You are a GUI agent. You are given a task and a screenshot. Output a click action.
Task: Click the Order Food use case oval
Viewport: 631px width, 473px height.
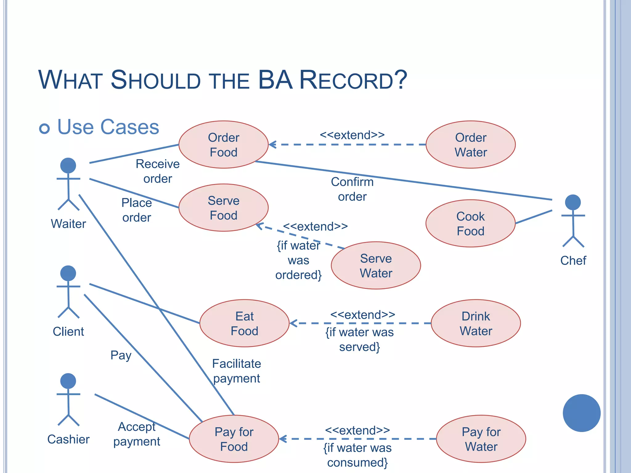pos(223,144)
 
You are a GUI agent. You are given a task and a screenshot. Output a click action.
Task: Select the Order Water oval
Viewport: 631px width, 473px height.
pos(470,144)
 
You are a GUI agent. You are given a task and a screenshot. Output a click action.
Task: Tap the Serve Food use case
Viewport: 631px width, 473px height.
pos(223,208)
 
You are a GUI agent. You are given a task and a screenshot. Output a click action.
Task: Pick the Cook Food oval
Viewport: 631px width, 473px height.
pos(470,223)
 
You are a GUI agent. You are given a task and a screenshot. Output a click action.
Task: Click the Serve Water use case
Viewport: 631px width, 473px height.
pos(376,265)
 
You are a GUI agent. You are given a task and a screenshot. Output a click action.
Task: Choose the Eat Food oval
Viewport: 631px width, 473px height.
pos(244,323)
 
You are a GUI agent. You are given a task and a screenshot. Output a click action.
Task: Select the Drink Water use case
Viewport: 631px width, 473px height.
pos(476,323)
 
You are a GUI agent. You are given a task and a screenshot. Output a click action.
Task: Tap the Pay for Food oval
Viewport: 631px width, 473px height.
pos(234,439)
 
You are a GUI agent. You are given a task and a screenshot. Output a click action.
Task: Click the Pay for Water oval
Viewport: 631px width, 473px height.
pos(481,439)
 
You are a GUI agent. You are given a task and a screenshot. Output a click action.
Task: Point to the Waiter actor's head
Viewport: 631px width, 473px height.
pos(68,166)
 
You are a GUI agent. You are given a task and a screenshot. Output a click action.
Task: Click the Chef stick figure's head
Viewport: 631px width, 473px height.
pos(573,202)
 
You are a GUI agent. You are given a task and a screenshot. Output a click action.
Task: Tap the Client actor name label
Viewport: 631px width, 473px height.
pos(68,332)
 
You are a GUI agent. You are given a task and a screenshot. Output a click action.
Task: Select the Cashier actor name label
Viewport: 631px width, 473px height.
pos(68,439)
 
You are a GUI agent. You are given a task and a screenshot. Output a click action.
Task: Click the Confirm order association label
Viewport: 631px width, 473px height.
pos(352,189)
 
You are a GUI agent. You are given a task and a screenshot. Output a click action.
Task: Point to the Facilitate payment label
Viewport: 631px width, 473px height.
pos(236,371)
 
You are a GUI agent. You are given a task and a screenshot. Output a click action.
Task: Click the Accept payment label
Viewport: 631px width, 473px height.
pos(136,434)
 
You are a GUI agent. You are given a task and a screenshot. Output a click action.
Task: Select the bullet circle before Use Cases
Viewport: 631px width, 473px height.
pos(44,128)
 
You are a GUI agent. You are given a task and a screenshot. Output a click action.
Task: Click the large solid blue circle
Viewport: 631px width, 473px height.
pos(581,413)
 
